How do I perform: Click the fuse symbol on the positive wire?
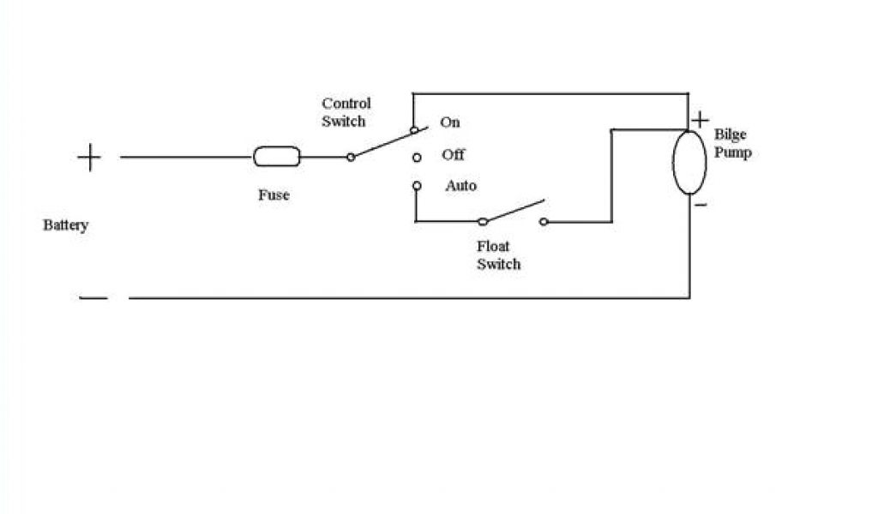tap(277, 157)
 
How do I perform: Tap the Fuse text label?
tap(274, 195)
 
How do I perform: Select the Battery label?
tap(66, 225)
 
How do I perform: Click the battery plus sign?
tap(89, 158)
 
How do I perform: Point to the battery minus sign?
tap(93, 298)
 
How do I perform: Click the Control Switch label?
tap(346, 112)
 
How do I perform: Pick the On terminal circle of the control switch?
tap(415, 130)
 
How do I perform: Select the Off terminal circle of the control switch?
tap(417, 158)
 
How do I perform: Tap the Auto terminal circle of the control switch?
tap(417, 185)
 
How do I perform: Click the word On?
tap(450, 123)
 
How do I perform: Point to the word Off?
tap(453, 155)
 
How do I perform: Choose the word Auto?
tap(461, 186)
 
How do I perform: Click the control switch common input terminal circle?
tap(350, 157)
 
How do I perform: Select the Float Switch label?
tap(498, 255)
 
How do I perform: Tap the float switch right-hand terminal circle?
tap(544, 222)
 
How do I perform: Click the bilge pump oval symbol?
tap(689, 163)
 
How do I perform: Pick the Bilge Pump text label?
tap(732, 144)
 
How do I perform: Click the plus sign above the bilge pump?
tap(701, 119)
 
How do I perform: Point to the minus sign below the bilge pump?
tap(701, 206)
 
